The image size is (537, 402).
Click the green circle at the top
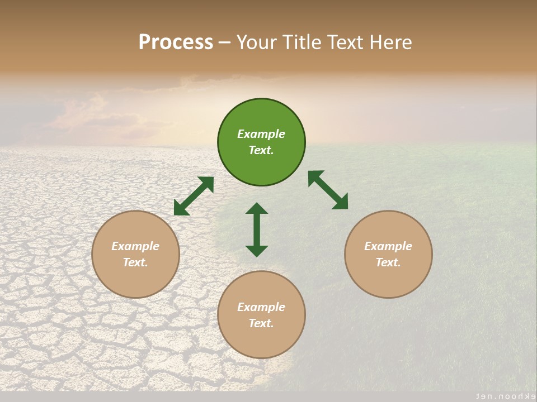click(261, 142)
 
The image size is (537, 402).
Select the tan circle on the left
click(135, 254)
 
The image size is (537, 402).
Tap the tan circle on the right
click(388, 254)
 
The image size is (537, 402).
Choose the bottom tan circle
click(261, 315)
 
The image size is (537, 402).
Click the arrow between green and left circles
click(194, 196)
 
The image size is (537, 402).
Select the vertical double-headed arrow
click(257, 229)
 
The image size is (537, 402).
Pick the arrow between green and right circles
click(328, 190)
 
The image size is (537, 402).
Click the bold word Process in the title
click(176, 42)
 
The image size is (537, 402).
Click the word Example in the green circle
click(261, 134)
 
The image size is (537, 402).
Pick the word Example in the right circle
click(388, 246)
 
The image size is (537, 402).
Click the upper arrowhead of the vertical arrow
click(257, 209)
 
